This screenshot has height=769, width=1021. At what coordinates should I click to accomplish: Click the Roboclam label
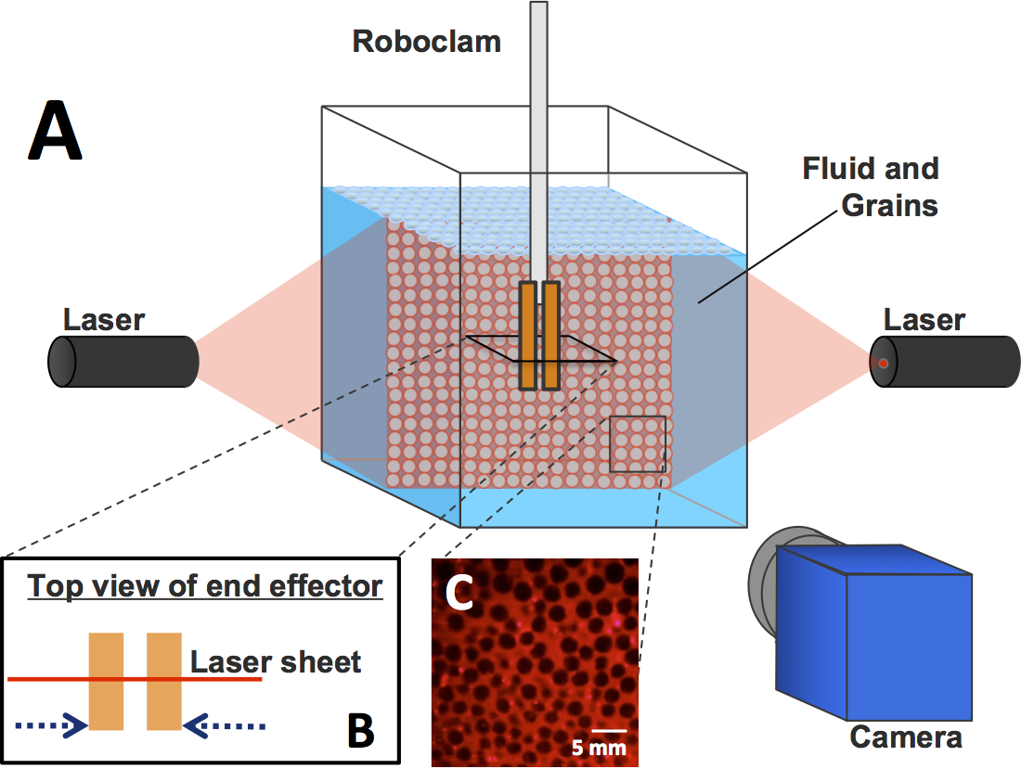427,42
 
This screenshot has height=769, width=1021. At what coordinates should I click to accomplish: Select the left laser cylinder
123,361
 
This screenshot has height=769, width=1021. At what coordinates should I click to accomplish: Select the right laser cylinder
945,361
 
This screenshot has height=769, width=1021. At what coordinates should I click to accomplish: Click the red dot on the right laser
883,363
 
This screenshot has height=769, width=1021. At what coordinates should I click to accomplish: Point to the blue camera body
873,632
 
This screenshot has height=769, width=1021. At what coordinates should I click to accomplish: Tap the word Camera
906,737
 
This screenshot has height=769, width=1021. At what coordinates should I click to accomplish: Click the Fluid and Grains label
871,186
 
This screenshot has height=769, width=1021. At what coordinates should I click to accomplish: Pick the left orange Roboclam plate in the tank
528,336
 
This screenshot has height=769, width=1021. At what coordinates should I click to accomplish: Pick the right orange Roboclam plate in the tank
550,336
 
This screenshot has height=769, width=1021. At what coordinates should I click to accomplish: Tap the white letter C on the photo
459,592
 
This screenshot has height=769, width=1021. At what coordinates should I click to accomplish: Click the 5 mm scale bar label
599,748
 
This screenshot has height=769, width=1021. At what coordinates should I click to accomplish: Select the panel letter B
361,730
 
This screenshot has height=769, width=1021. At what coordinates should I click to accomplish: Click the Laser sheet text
276,662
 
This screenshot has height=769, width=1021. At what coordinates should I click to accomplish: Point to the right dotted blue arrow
224,725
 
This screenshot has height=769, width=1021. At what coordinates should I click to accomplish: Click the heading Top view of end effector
204,586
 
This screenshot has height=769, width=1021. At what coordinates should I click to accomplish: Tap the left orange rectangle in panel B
106,681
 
